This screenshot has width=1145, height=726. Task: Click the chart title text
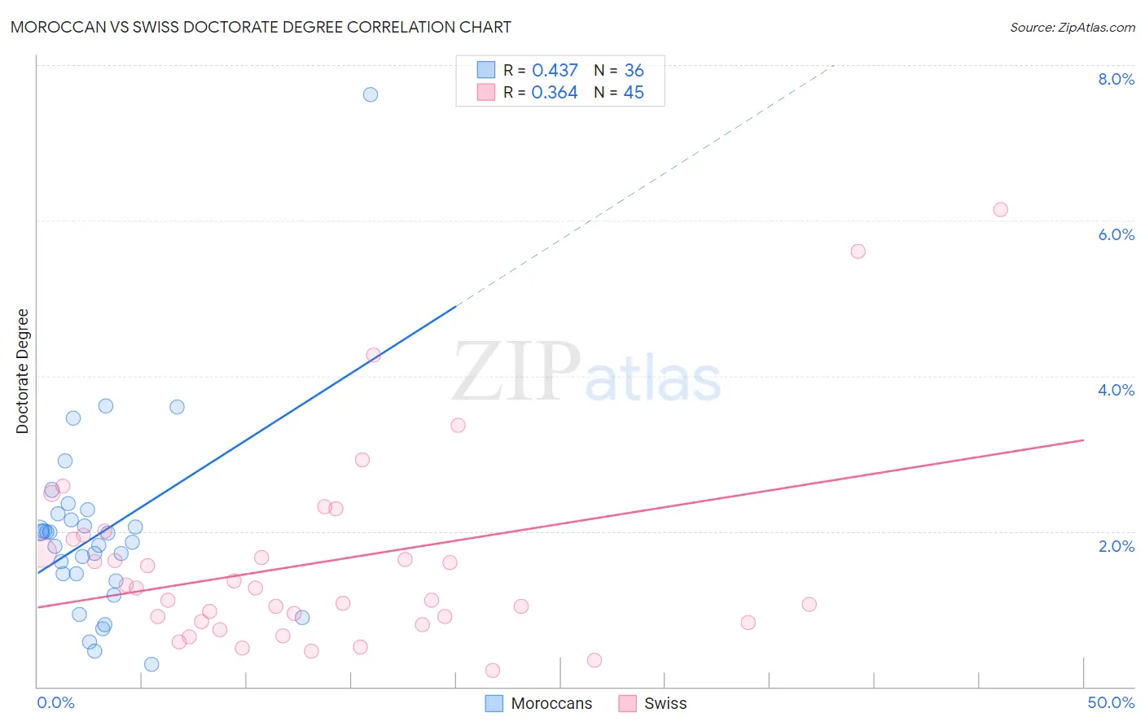click(x=261, y=27)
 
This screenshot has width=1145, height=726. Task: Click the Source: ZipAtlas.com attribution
click(x=1072, y=27)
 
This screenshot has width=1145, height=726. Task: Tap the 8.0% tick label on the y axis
click(x=1116, y=79)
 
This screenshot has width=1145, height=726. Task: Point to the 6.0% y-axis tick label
click(x=1116, y=234)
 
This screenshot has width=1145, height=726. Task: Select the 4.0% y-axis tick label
click(x=1116, y=390)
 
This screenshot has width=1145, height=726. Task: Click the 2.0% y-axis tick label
click(x=1116, y=546)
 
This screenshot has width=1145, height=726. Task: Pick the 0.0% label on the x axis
click(x=55, y=702)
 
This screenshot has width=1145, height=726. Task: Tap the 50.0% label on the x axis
click(x=1110, y=702)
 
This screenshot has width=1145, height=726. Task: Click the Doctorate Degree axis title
click(x=22, y=371)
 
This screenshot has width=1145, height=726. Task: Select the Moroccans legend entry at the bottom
click(x=540, y=703)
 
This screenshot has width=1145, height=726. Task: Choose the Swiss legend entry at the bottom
click(x=654, y=703)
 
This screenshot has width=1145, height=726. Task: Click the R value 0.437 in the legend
click(x=555, y=71)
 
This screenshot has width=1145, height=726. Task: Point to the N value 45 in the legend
click(x=634, y=93)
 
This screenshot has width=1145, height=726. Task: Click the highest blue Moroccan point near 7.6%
click(x=371, y=94)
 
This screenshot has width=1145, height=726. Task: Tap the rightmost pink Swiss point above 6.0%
click(x=1000, y=210)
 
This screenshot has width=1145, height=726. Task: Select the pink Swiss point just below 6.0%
click(x=858, y=251)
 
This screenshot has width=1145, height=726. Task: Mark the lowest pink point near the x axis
click(x=492, y=671)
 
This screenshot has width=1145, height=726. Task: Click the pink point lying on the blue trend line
click(x=373, y=355)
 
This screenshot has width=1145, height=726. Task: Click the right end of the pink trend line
click(x=1083, y=440)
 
